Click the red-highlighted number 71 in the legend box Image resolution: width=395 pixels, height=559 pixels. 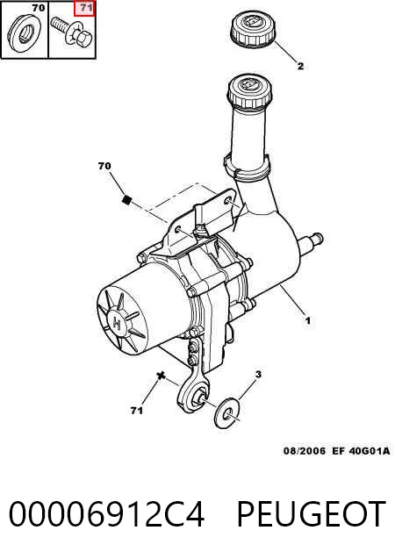84,8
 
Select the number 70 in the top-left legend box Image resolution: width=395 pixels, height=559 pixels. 38,8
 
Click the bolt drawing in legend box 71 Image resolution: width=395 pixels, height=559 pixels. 72,32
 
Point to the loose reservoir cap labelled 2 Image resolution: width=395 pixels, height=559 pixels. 253,29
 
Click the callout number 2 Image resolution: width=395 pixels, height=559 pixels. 300,67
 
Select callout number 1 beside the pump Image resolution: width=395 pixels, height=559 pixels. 307,321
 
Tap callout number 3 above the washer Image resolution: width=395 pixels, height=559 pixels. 258,375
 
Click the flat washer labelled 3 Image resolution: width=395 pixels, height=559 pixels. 227,412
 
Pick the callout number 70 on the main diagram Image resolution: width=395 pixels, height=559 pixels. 104,166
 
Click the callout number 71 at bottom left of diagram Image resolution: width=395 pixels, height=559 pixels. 137,411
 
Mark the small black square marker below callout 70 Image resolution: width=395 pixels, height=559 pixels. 126,200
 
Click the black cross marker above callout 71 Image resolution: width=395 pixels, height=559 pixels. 162,375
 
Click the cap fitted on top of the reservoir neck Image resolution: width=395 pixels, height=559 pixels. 249,91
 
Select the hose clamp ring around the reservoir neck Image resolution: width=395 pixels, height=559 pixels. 247,168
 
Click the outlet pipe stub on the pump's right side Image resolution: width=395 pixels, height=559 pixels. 311,242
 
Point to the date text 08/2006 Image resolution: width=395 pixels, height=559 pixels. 305,451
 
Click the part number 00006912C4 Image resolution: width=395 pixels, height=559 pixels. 106,513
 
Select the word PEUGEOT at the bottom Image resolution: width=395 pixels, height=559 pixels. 312,513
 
